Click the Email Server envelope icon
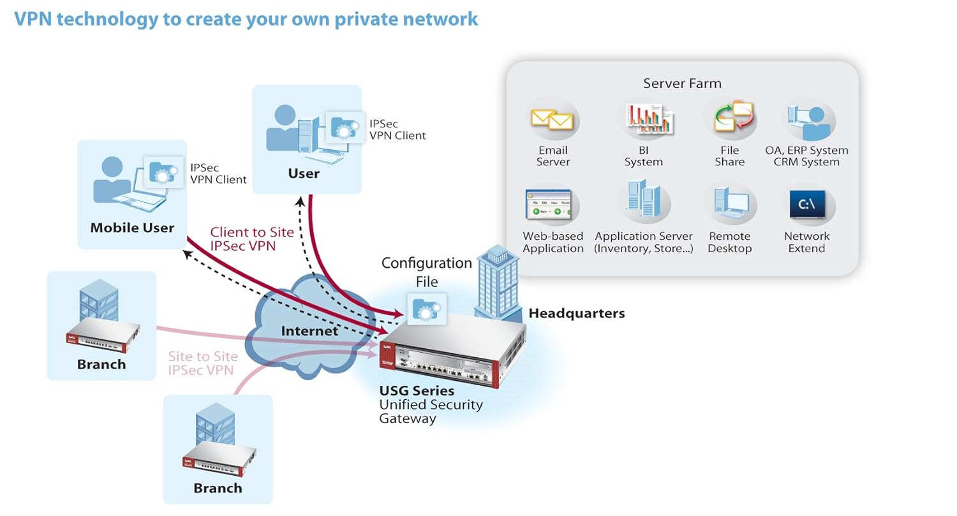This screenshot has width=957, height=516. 553,119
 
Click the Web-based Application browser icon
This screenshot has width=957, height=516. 553,205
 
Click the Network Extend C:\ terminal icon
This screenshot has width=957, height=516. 807,205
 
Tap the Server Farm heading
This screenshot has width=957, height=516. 682,84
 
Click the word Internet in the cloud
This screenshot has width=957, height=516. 309,330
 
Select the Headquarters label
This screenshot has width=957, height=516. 577,313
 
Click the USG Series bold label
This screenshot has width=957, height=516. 417,390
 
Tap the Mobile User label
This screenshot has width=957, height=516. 132,228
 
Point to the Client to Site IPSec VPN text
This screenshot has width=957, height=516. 252,239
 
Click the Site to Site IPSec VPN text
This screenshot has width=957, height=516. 203,363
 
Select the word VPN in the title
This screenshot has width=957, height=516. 35,18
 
